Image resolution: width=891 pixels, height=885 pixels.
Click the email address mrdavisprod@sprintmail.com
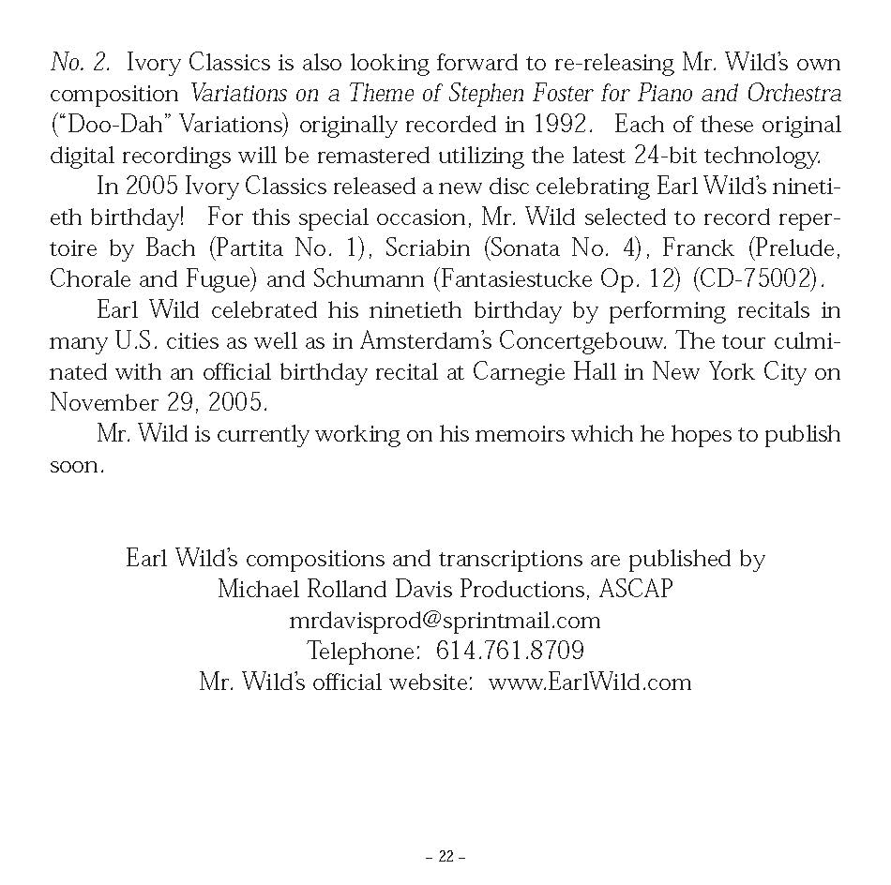[445, 620]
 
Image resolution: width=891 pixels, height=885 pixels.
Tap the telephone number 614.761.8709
[510, 651]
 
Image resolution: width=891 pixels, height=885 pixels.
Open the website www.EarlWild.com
[590, 682]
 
